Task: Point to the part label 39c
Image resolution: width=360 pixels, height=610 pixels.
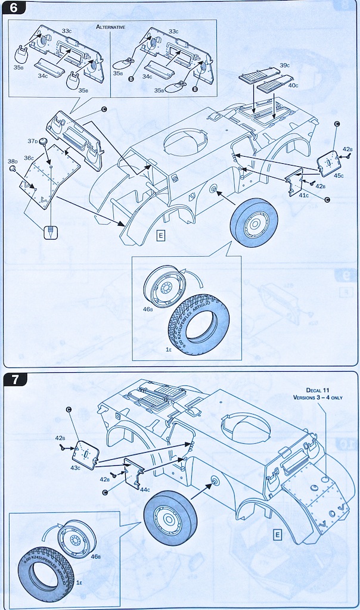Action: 284,64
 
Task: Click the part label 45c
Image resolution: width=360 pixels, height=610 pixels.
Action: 339,175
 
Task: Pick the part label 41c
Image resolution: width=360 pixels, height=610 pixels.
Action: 303,195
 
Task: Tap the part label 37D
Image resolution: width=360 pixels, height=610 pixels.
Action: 32,141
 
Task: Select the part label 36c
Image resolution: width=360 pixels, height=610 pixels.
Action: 29,158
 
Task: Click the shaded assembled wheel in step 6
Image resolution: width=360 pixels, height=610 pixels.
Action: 254,222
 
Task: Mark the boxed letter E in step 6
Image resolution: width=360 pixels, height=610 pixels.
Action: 160,234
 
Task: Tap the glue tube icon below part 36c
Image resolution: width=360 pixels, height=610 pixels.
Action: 51,231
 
